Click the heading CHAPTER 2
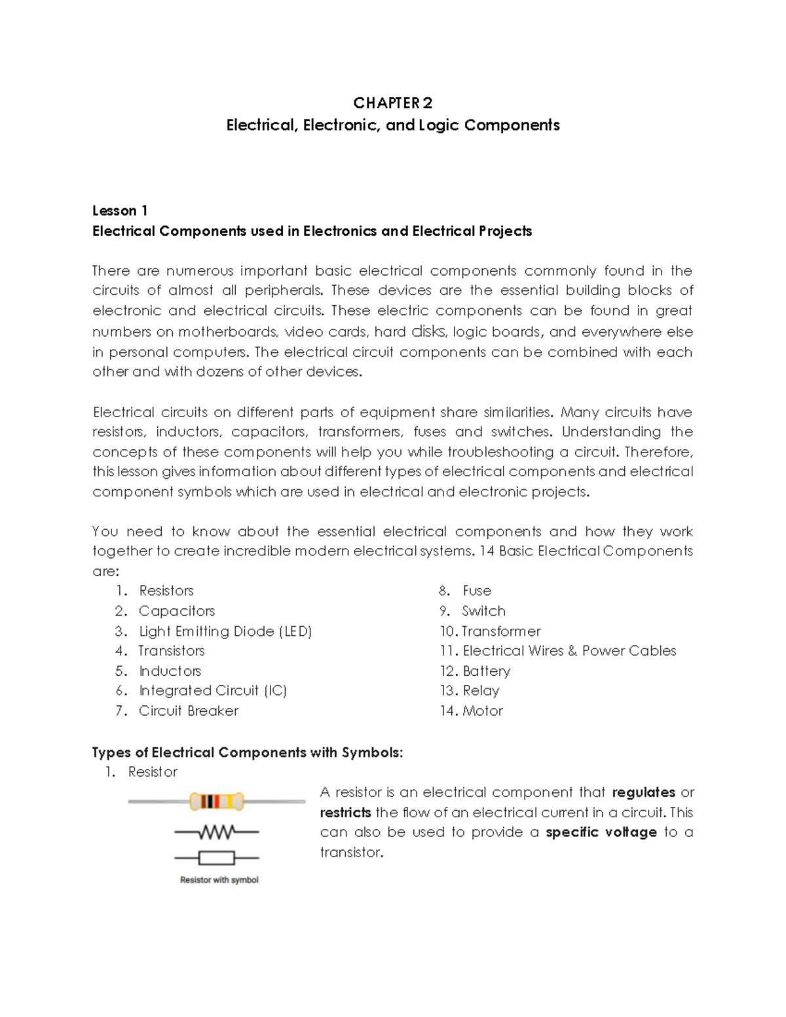[392, 103]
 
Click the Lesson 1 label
[120, 210]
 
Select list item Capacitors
[177, 611]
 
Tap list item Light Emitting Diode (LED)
[225, 631]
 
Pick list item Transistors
[172, 651]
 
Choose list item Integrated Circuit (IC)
[213, 690]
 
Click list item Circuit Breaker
[189, 711]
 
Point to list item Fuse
[477, 591]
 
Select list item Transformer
[501, 631]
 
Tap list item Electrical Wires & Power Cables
[569, 651]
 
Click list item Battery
[486, 671]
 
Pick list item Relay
[481, 690]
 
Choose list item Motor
[483, 711]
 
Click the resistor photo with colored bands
[217, 802]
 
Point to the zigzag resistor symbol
[217, 832]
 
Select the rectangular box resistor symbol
[217, 857]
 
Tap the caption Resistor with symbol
[219, 880]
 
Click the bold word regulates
[643, 792]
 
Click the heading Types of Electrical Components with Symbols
[248, 752]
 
